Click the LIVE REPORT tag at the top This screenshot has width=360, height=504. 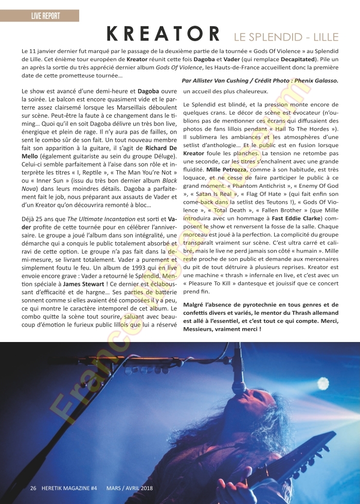coord(45,16)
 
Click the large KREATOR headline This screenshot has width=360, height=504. coord(163,35)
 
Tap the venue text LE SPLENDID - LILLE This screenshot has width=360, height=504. coord(286,37)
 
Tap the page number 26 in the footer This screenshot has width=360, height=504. coord(33,488)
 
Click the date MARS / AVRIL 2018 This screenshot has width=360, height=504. coord(130,488)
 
